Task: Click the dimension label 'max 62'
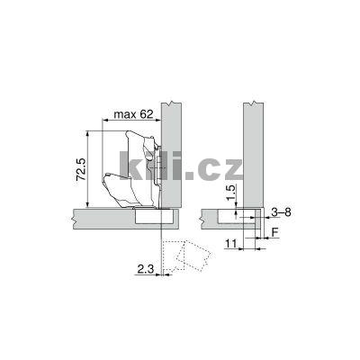pos(130,115)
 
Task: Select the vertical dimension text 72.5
pos(79,168)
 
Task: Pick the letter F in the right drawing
pos(275,231)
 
